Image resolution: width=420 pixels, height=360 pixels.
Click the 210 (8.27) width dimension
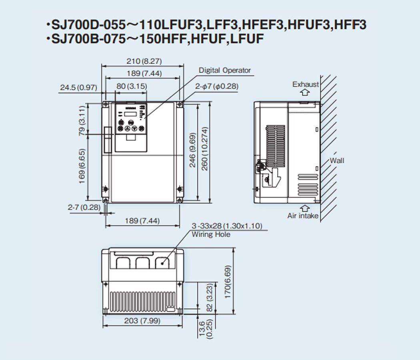click(144, 61)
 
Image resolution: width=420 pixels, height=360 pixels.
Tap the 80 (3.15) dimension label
click(132, 86)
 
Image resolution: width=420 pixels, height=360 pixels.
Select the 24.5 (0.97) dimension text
click(78, 88)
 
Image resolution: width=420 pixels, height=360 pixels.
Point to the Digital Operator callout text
click(224, 70)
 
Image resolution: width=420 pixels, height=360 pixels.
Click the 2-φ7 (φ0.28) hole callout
click(217, 86)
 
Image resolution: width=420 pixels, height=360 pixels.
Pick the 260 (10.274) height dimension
click(205, 149)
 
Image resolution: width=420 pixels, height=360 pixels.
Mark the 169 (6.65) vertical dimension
click(82, 166)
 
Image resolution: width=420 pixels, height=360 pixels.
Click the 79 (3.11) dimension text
click(82, 120)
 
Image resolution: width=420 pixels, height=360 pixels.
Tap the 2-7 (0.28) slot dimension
click(84, 207)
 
